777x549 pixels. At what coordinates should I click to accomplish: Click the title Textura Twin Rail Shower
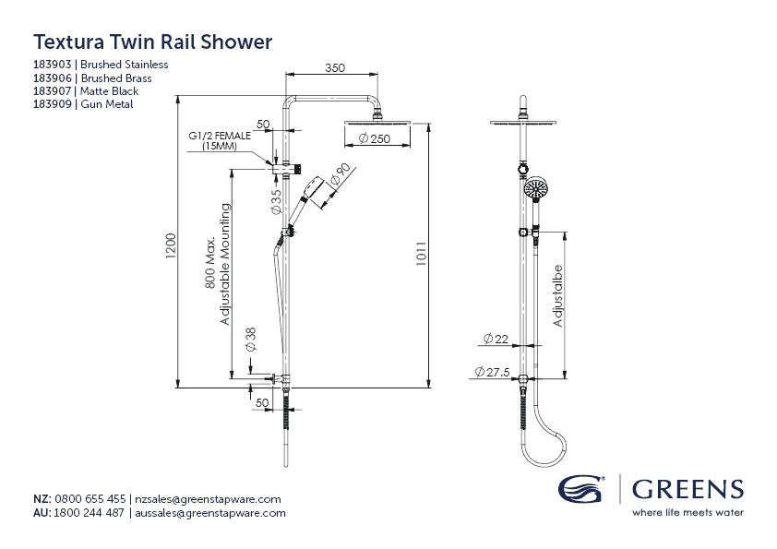pos(152,42)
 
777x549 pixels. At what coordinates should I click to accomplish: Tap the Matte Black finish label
pos(109,91)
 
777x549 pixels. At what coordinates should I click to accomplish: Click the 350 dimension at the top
pos(334,68)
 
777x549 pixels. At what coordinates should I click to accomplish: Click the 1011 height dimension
pos(421,254)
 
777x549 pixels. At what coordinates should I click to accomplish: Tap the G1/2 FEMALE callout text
pos(220,136)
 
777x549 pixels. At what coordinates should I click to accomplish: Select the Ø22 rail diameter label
pos(496,340)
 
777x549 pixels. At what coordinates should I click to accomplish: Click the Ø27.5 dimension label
pos(492,371)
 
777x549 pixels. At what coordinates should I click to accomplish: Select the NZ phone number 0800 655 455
pos(90,499)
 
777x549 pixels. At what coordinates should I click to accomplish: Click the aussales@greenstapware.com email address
pos(210,513)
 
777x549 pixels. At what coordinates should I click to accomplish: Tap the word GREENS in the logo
pos(687,489)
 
